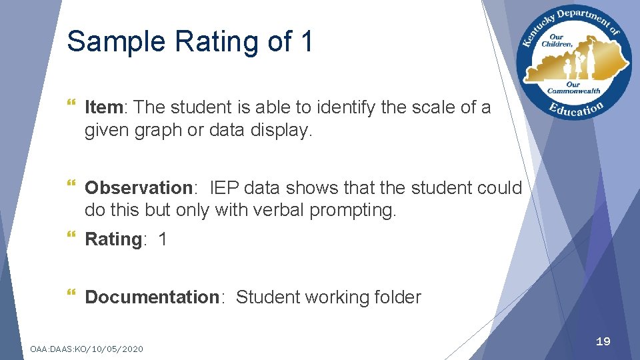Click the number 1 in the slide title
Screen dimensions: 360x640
pos(306,41)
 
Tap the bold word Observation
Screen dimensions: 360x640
pos(139,188)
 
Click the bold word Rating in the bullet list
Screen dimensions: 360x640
pos(113,239)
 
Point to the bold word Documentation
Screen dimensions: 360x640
pos(152,297)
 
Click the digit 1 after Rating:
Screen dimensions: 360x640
pos(163,239)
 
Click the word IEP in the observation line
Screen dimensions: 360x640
pos(225,188)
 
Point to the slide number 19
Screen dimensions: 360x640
pos(603,341)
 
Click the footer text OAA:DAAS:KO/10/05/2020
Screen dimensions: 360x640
pos(87,349)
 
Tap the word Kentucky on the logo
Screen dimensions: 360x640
pos(535,30)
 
